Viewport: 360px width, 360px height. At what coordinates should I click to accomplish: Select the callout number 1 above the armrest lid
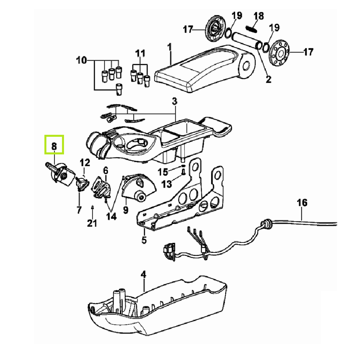169,47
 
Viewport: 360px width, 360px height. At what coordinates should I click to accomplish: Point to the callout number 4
144,275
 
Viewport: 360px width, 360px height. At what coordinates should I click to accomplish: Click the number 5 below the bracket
144,240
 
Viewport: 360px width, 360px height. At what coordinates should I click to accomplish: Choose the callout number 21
92,223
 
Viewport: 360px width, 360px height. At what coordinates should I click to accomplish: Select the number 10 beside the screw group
81,60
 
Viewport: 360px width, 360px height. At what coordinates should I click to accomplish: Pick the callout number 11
140,53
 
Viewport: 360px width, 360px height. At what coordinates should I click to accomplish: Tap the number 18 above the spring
259,16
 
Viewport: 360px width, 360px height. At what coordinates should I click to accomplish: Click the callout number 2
268,79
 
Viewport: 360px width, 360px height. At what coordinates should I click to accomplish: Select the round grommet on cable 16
265,223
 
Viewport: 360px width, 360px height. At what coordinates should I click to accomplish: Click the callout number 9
126,209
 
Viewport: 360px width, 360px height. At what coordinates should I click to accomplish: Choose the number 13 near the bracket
166,184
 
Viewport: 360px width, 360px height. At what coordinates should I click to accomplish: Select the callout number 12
85,163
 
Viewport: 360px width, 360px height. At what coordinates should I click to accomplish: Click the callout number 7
79,209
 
